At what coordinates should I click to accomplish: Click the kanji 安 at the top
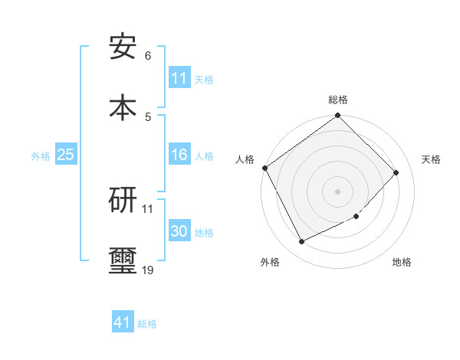point(123,47)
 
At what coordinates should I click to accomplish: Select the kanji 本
point(123,106)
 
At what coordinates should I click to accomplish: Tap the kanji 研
point(123,199)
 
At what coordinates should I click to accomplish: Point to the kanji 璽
point(123,260)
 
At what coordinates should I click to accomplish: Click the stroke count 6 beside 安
point(148,56)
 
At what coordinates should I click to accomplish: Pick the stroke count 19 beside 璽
point(148,270)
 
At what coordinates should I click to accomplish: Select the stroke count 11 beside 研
point(148,208)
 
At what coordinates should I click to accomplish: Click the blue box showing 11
point(179,78)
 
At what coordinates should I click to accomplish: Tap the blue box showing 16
point(179,155)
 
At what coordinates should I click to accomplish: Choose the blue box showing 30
point(179,232)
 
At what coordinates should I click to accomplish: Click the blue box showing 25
point(65,155)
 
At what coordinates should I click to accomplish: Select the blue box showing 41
point(123,323)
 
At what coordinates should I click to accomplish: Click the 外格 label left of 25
point(41,155)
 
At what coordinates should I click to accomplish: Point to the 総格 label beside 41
point(147,324)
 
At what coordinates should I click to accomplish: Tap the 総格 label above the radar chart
point(338,100)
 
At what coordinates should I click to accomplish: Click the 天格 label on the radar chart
point(431,159)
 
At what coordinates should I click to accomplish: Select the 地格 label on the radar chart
point(402,262)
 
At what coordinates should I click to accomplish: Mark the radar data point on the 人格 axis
point(265,168)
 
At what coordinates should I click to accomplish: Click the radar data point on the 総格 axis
point(338,116)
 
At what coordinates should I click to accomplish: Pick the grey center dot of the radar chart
point(338,191)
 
